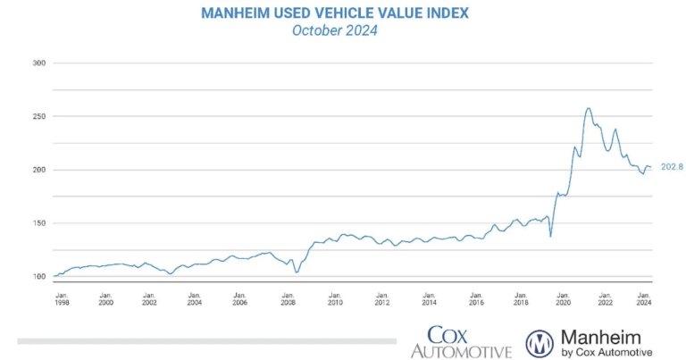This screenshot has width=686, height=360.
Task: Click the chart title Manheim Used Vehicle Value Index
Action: click(335, 13)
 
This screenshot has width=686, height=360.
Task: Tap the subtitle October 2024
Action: click(335, 30)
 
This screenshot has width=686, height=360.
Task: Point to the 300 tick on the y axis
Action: click(38, 63)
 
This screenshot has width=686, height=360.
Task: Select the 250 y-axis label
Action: click(38, 116)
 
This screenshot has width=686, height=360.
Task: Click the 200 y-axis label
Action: click(38, 170)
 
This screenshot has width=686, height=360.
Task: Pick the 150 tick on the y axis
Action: click(38, 223)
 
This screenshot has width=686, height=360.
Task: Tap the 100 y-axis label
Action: click(38, 277)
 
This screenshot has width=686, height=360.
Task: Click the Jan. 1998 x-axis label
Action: click(62, 298)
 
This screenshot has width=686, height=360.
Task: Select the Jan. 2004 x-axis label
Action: click(195, 298)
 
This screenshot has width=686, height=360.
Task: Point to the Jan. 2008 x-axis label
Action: click(289, 298)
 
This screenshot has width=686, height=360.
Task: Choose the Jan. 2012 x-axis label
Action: click(381, 298)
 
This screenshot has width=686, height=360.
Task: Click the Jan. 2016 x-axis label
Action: click(475, 298)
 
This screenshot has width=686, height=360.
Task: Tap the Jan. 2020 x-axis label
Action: click(563, 298)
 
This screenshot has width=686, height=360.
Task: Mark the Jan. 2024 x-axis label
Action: click(643, 298)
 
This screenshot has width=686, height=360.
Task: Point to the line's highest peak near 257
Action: click(588, 108)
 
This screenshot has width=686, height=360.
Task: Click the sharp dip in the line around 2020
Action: click(550, 236)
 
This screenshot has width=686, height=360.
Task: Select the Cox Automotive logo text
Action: click(461, 342)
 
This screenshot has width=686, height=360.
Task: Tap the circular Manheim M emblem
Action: click(540, 343)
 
